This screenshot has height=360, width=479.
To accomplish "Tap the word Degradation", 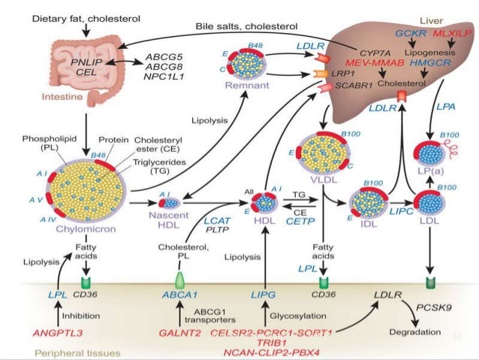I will [x=415, y=331].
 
